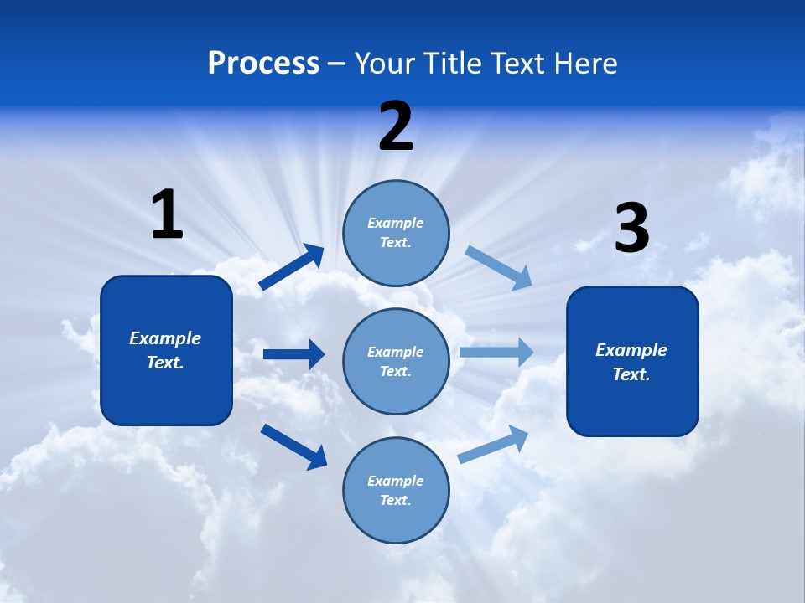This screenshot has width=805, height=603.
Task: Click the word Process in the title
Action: (x=263, y=64)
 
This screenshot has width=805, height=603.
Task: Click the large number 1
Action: (x=167, y=214)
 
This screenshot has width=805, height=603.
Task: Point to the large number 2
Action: (x=396, y=126)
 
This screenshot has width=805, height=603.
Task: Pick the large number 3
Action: (x=631, y=229)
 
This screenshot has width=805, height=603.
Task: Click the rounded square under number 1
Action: (x=166, y=350)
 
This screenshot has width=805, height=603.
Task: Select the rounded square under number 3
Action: (x=632, y=361)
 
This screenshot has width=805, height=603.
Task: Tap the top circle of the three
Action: (x=396, y=233)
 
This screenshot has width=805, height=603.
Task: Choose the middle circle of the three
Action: (x=396, y=361)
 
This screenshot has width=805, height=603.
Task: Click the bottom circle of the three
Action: (x=396, y=490)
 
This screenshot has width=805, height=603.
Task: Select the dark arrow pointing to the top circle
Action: (x=292, y=266)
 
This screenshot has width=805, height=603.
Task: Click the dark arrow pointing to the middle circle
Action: (x=293, y=354)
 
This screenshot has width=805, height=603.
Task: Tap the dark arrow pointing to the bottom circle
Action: (x=293, y=446)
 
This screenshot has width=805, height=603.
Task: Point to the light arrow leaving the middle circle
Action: (x=496, y=353)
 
